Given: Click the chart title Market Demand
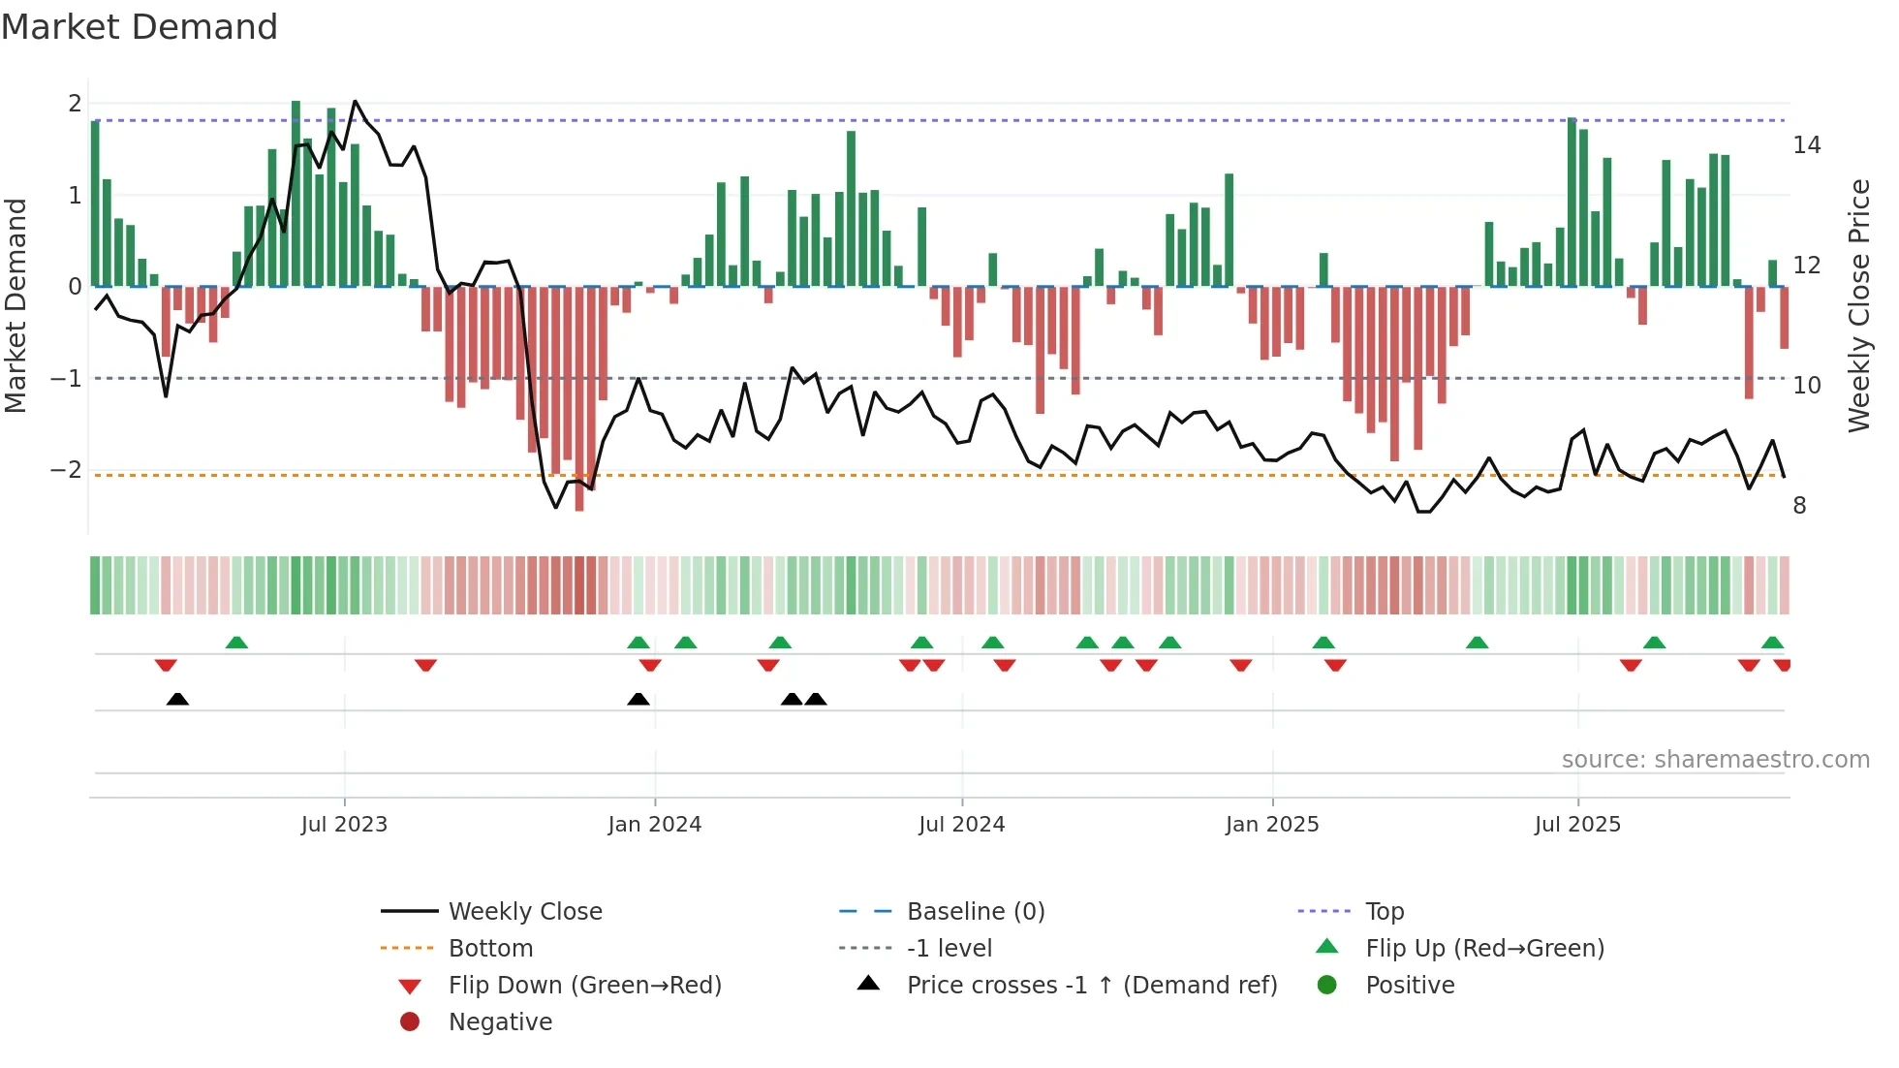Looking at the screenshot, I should pos(140,27).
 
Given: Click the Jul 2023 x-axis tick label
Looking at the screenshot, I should pos(344,825).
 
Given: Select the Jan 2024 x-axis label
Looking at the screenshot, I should pos(654,825).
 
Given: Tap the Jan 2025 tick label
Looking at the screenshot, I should pos(1271,825).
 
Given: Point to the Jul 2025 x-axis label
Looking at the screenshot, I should pos(1577,825).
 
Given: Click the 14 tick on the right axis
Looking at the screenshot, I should pos(1806,145).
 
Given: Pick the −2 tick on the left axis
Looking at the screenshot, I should pos(67,470).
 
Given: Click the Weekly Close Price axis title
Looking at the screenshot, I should pos(1858,305).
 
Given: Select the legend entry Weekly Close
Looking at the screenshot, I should pos(524,912).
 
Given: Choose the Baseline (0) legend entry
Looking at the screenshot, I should pos(975,912).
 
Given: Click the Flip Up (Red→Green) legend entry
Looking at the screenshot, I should pos(1483,949).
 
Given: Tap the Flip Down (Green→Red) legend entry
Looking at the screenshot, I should pos(584,986).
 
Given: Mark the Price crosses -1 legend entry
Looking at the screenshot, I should pos(1091,986).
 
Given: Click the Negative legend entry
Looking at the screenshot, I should pos(500,1022).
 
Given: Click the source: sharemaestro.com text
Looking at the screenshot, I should pos(1715,760).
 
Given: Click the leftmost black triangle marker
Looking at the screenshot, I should pos(177,699).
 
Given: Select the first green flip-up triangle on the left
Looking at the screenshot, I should pos(236,643).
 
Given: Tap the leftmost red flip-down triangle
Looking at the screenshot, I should pos(166,665).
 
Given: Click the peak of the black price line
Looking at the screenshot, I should pos(355,101).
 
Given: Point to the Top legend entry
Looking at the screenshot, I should pos(1384,912).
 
